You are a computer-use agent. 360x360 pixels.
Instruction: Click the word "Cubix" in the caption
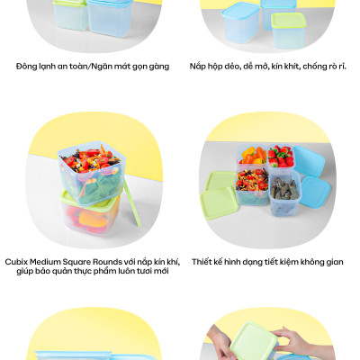[16, 262]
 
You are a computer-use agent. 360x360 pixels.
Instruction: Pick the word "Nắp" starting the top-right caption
[197, 67]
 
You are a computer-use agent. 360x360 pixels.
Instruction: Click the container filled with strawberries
[281, 157]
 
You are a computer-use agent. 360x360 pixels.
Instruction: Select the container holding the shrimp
[284, 193]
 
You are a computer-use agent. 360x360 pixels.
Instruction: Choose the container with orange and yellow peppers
[252, 155]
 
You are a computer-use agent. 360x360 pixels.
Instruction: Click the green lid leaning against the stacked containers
[132, 202]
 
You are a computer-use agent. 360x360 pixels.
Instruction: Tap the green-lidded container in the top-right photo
[289, 31]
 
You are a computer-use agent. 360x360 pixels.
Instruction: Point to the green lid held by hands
[254, 341]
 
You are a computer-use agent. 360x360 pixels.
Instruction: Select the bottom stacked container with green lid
[90, 212]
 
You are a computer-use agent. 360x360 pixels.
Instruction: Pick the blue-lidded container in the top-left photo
[110, 17]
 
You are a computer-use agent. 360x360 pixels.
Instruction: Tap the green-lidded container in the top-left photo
[70, 14]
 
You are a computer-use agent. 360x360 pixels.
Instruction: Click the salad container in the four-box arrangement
[252, 186]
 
